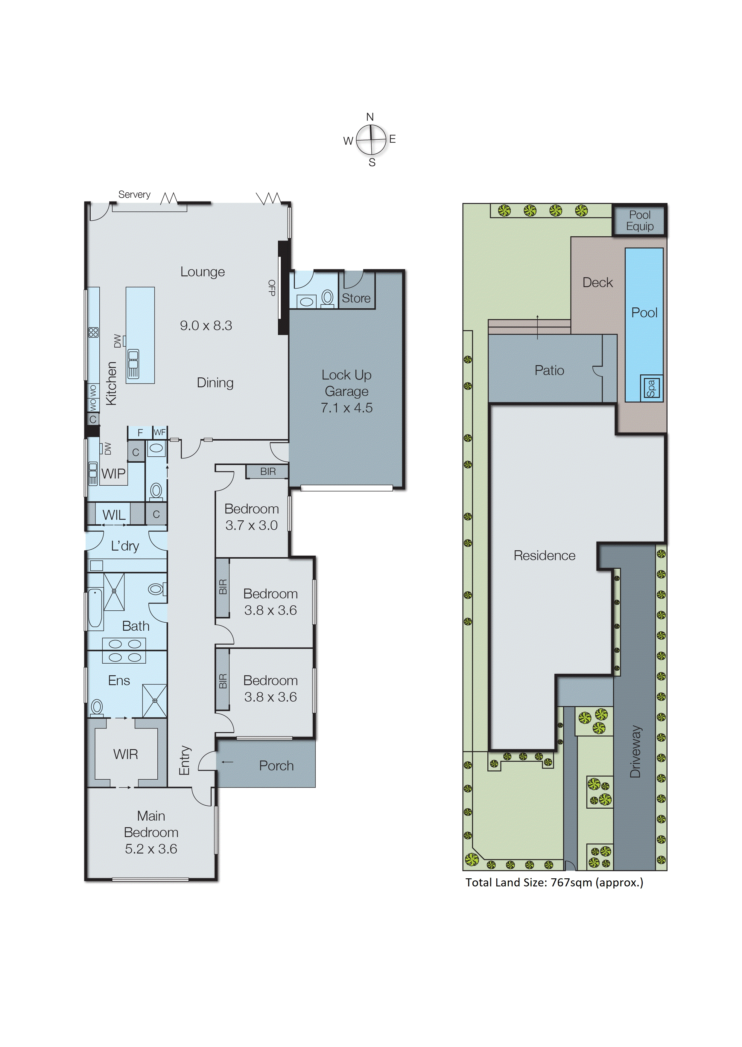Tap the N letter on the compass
point(370,117)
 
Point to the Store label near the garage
point(356,298)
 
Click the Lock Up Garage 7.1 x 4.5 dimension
point(346,408)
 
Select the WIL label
point(114,515)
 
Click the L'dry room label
point(125,546)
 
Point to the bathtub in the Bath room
point(95,608)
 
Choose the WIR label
point(126,754)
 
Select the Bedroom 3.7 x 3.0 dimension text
point(251,525)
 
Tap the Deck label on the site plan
point(597,283)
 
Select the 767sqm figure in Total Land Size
point(571,882)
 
